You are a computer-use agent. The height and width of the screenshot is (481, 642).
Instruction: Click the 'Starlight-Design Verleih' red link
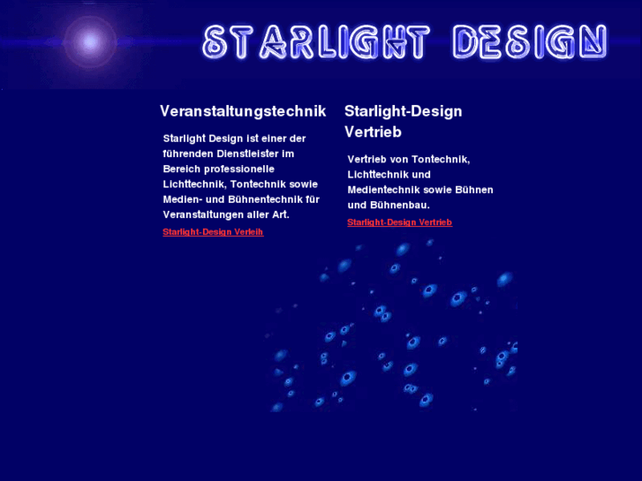[x=213, y=232]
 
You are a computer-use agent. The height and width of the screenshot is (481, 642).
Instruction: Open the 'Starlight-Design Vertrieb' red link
[x=399, y=222]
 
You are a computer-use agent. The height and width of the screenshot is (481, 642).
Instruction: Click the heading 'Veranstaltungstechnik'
[x=243, y=111]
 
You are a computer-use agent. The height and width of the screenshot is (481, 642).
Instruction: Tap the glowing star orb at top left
[x=89, y=41]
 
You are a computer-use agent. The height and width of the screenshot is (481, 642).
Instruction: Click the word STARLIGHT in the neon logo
[x=315, y=41]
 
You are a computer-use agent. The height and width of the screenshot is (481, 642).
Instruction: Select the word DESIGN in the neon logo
[x=529, y=41]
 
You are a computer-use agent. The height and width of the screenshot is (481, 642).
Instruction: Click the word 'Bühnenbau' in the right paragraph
[x=399, y=205]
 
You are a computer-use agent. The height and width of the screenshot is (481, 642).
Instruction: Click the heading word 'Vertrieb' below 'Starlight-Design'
[x=373, y=132]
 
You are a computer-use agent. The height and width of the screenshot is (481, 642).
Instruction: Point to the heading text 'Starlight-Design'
[x=403, y=111]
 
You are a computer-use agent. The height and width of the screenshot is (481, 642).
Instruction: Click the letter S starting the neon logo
[x=214, y=41]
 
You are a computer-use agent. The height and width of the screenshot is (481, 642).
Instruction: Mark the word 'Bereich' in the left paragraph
[x=183, y=169]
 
